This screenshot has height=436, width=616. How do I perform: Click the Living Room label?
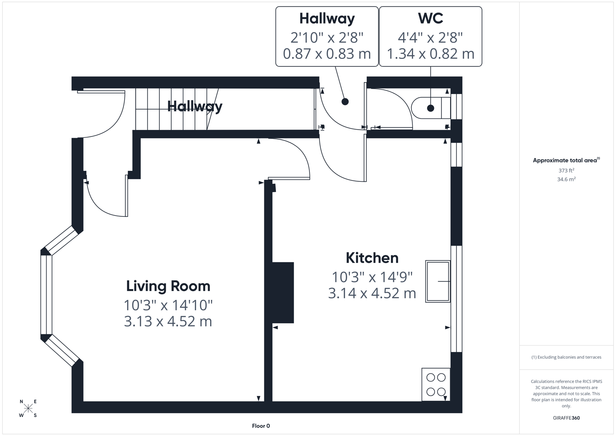point(168,286)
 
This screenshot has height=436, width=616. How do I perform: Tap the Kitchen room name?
point(372,258)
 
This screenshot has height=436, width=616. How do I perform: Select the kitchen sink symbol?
point(438,281)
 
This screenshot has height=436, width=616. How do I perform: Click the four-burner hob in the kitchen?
point(436,384)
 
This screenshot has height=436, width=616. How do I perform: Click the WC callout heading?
point(430,19)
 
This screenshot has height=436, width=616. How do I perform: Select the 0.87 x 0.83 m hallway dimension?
point(327,54)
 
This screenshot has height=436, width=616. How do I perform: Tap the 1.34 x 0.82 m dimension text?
point(430,54)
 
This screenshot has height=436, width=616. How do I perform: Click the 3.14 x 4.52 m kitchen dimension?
point(372,293)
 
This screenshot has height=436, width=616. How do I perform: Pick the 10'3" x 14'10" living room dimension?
point(168,305)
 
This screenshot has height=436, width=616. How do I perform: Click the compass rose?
point(28,408)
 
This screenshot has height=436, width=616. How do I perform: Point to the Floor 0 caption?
point(261,426)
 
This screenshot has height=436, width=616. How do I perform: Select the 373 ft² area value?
point(566,170)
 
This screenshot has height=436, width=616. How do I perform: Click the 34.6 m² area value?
point(566,179)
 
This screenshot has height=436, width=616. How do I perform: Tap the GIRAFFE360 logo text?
point(566,418)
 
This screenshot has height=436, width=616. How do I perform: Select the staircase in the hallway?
point(173,109)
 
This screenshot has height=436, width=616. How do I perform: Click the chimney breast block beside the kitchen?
point(283,293)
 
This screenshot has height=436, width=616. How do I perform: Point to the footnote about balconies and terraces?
point(566,357)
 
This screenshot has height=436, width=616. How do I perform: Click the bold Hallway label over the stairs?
point(194,107)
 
